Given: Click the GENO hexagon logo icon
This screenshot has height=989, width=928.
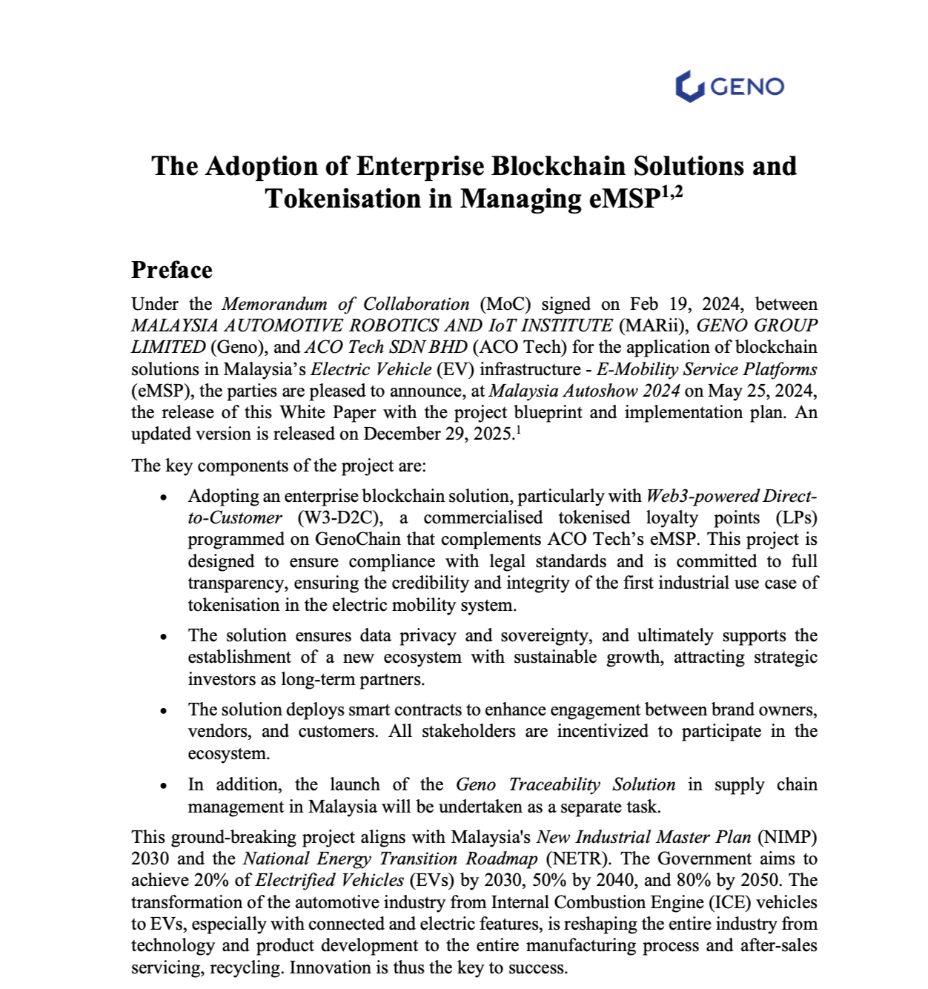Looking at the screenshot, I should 689,87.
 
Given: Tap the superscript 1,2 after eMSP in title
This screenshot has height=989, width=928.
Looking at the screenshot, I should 671,193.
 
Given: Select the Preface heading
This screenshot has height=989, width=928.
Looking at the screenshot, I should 172,270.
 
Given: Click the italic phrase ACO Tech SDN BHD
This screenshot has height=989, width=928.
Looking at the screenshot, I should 385,347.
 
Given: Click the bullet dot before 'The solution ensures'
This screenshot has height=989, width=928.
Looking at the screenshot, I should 164,637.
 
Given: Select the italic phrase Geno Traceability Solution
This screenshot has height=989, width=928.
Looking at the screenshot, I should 565,784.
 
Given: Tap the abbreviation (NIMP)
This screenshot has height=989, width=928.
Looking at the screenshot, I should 786,837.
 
